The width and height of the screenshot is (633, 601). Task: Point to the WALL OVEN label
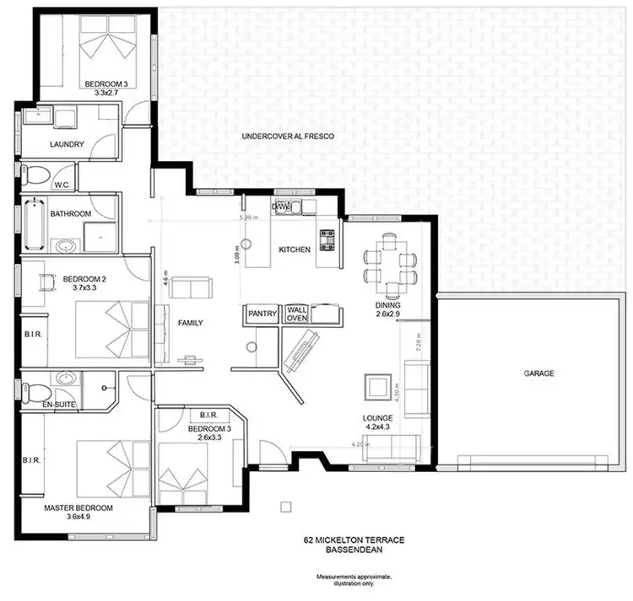297,313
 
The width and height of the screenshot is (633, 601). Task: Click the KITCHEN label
295,250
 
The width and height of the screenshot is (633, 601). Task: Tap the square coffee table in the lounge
375,389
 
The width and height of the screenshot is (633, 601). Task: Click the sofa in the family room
192,288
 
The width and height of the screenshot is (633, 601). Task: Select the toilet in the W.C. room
35,176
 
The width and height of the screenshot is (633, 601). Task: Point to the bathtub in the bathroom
34,224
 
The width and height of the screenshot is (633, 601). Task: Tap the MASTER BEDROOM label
78,508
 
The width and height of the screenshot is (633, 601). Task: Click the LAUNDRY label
67,144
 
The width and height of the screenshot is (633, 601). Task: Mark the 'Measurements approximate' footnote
354,578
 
